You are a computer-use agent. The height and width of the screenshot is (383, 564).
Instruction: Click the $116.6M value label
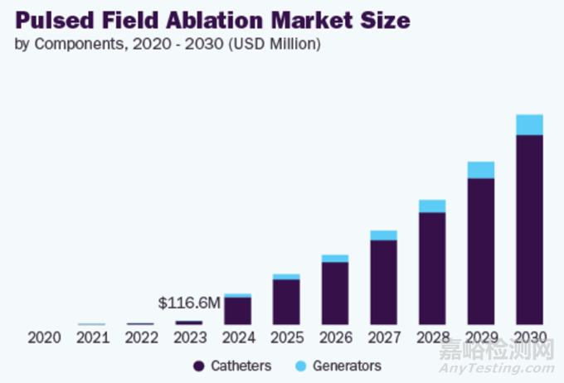(189, 303)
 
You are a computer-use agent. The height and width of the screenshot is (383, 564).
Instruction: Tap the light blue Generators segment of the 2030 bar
(529, 124)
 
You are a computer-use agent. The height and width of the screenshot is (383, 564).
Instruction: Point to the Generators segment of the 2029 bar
(480, 170)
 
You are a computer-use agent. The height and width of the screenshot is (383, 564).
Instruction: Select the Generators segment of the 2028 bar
(432, 206)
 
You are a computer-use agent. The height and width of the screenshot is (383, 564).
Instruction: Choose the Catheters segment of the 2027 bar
(383, 282)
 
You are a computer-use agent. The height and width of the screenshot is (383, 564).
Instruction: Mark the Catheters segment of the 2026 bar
(335, 293)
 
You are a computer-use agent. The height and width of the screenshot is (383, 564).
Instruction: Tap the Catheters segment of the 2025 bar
(286, 301)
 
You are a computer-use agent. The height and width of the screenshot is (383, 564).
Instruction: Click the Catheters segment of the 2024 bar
(238, 310)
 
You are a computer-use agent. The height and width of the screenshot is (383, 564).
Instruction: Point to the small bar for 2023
(189, 322)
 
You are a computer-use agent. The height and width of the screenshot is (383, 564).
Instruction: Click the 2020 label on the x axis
(43, 337)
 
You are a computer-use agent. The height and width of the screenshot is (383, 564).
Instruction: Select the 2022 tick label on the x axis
(140, 337)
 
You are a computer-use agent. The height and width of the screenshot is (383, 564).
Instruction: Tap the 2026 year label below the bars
(335, 337)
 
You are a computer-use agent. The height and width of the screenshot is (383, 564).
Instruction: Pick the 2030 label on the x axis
(529, 337)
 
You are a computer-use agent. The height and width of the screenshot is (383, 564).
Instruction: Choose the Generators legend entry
(337, 366)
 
